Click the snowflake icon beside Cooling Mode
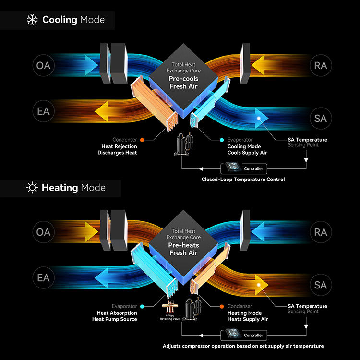[32, 20]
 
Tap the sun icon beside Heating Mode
[32, 188]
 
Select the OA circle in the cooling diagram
[43, 65]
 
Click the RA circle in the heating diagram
[321, 232]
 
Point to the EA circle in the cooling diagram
[43, 111]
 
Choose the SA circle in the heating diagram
[321, 285]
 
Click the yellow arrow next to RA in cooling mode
[258, 65]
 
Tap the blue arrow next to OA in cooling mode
[91, 65]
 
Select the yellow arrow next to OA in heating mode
[91, 231]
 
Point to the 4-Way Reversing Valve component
[169, 307]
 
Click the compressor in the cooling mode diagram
[184, 144]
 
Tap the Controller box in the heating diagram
[243, 335]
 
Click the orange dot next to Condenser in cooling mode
[142, 140]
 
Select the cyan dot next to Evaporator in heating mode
[142, 306]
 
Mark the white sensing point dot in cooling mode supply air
[259, 118]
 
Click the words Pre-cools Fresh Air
[183, 83]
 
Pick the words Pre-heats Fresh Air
[183, 249]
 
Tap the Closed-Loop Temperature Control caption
[243, 180]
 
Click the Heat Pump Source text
[115, 319]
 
